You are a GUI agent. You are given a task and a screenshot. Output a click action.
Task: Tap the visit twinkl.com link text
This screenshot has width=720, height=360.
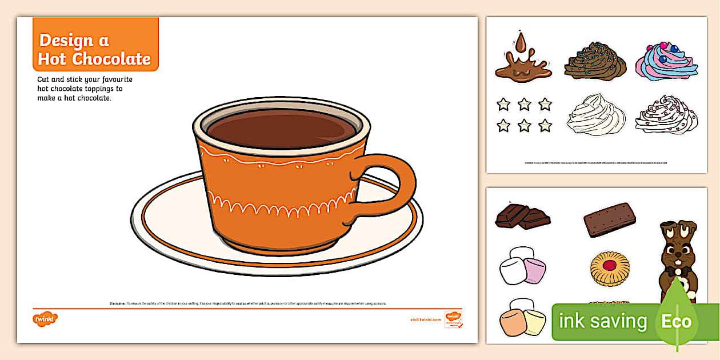426,319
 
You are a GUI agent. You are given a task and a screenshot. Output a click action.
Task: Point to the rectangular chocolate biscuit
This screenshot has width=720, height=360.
610,219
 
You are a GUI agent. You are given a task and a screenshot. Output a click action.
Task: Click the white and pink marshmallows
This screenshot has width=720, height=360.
522,266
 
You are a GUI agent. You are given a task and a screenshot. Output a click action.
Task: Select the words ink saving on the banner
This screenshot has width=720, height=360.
602,321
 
